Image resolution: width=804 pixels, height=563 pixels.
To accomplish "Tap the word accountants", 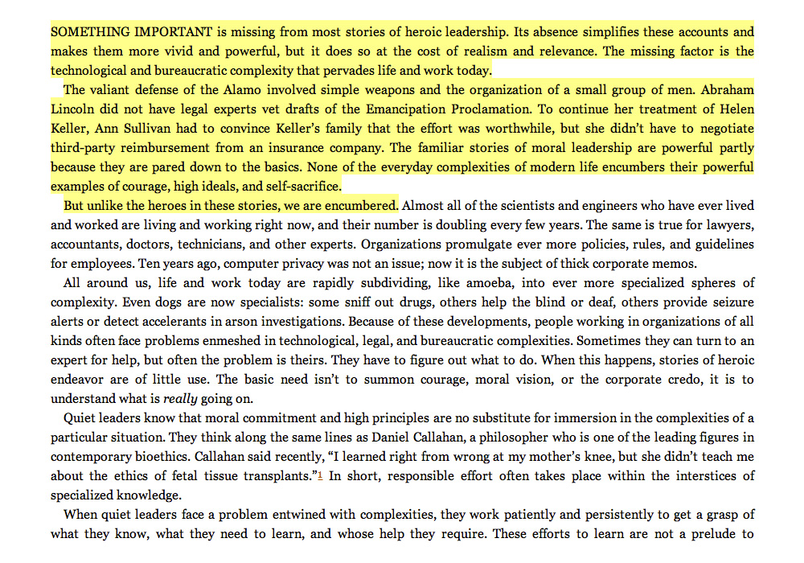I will point(86,245).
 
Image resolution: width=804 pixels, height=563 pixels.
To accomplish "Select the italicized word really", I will point(182,399).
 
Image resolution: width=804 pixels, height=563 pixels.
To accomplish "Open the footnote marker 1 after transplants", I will point(321,475).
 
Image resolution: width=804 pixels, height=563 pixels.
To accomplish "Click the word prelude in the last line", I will point(713,534).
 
